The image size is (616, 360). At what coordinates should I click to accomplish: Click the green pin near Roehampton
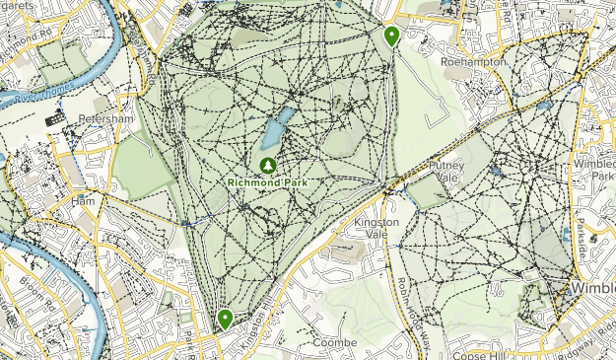[x=392, y=37]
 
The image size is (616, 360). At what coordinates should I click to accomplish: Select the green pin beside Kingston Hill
[x=226, y=319]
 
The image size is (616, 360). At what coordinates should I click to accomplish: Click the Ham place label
[x=82, y=200]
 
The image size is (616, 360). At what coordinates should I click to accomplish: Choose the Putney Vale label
[x=446, y=172]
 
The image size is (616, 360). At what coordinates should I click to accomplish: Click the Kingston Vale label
[x=376, y=228]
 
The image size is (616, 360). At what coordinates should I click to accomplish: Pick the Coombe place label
[x=326, y=342]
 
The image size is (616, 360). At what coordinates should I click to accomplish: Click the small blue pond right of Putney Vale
[x=496, y=169]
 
